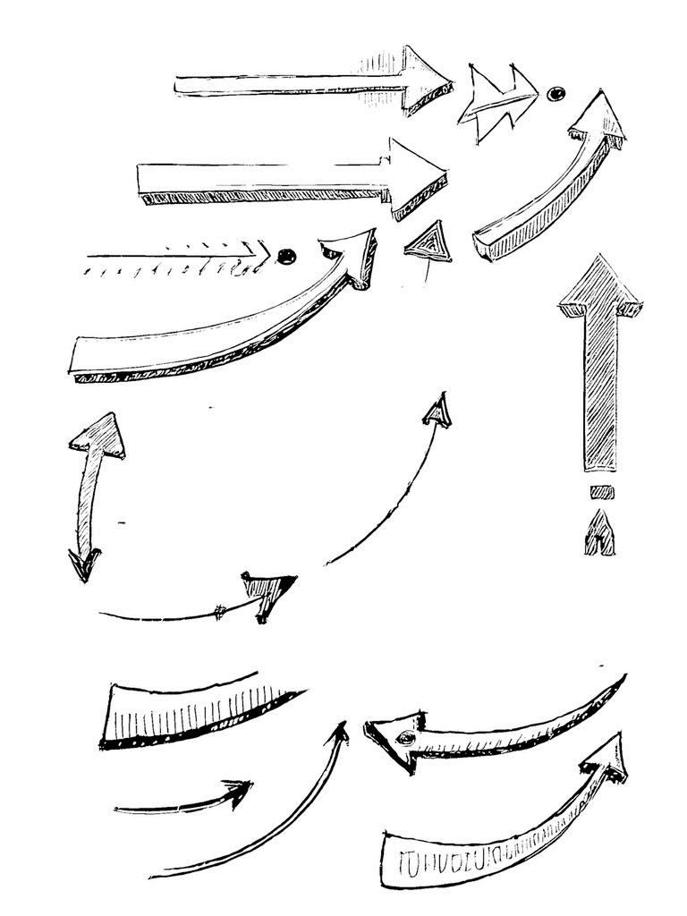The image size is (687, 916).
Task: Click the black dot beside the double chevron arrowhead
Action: (556, 94)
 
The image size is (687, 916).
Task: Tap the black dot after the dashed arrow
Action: (286, 257)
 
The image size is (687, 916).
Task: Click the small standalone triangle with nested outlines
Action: (429, 241)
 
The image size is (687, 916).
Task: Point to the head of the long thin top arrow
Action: (424, 81)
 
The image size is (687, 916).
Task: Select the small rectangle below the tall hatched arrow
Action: (600, 491)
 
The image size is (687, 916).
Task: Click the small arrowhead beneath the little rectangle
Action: (599, 534)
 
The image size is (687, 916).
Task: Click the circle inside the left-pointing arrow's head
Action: (406, 738)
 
